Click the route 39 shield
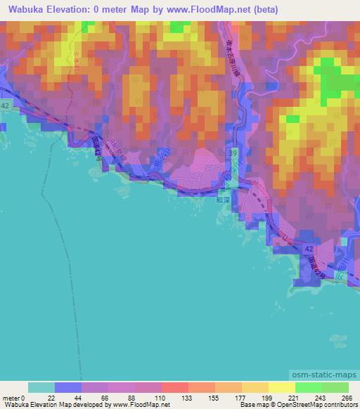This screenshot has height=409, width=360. (x=231, y=152)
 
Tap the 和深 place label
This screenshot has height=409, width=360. (x=223, y=200)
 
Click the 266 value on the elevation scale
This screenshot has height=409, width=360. (x=347, y=398)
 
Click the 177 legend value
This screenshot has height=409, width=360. (x=240, y=398)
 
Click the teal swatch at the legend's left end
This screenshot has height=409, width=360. (x=41, y=387)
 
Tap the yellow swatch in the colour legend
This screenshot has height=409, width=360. (x=281, y=387)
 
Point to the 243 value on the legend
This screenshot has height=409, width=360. (x=320, y=398)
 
